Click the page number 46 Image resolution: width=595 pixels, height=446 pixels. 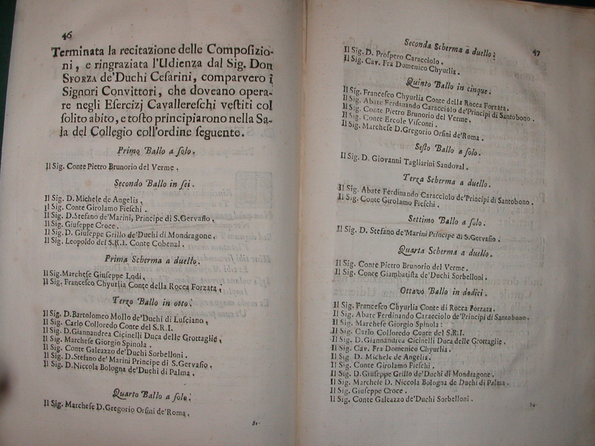[66, 35]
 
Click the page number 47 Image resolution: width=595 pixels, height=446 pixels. [535, 52]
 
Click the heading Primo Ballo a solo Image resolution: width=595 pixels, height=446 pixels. [156, 151]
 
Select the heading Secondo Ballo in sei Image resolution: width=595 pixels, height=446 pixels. [154, 184]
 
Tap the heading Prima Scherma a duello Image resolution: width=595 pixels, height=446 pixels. [152, 261]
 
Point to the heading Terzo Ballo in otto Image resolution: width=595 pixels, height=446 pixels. [152, 302]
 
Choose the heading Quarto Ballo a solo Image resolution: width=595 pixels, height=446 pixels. [152, 395]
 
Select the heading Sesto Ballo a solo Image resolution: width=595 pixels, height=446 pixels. [448, 150]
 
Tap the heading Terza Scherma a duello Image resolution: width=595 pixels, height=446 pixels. [445, 181]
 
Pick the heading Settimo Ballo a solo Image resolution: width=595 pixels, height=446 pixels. [445, 221]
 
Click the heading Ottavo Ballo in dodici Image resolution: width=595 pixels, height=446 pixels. [443, 292]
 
